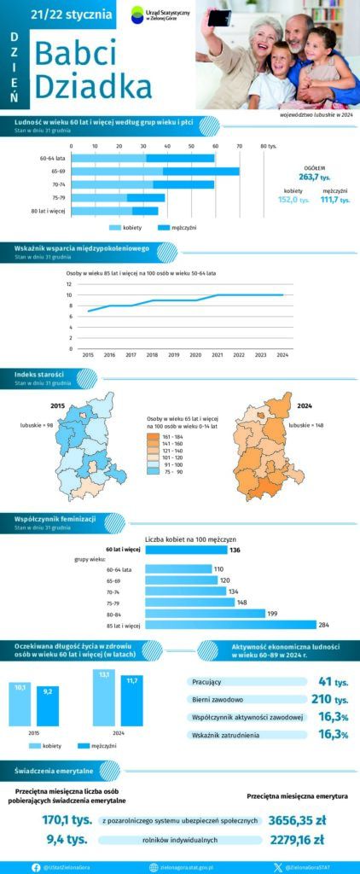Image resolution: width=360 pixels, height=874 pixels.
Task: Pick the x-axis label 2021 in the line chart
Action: pos(218,353)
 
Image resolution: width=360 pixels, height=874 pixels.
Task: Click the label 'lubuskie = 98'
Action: pos(38,424)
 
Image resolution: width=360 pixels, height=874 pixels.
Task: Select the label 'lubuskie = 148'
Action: pos(306,424)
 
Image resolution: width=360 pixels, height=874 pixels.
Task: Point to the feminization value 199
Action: pos(272,614)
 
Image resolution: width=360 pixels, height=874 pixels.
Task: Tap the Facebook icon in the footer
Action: pos(36,867)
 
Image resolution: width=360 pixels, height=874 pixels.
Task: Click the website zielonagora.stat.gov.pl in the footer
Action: pos(183,867)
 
